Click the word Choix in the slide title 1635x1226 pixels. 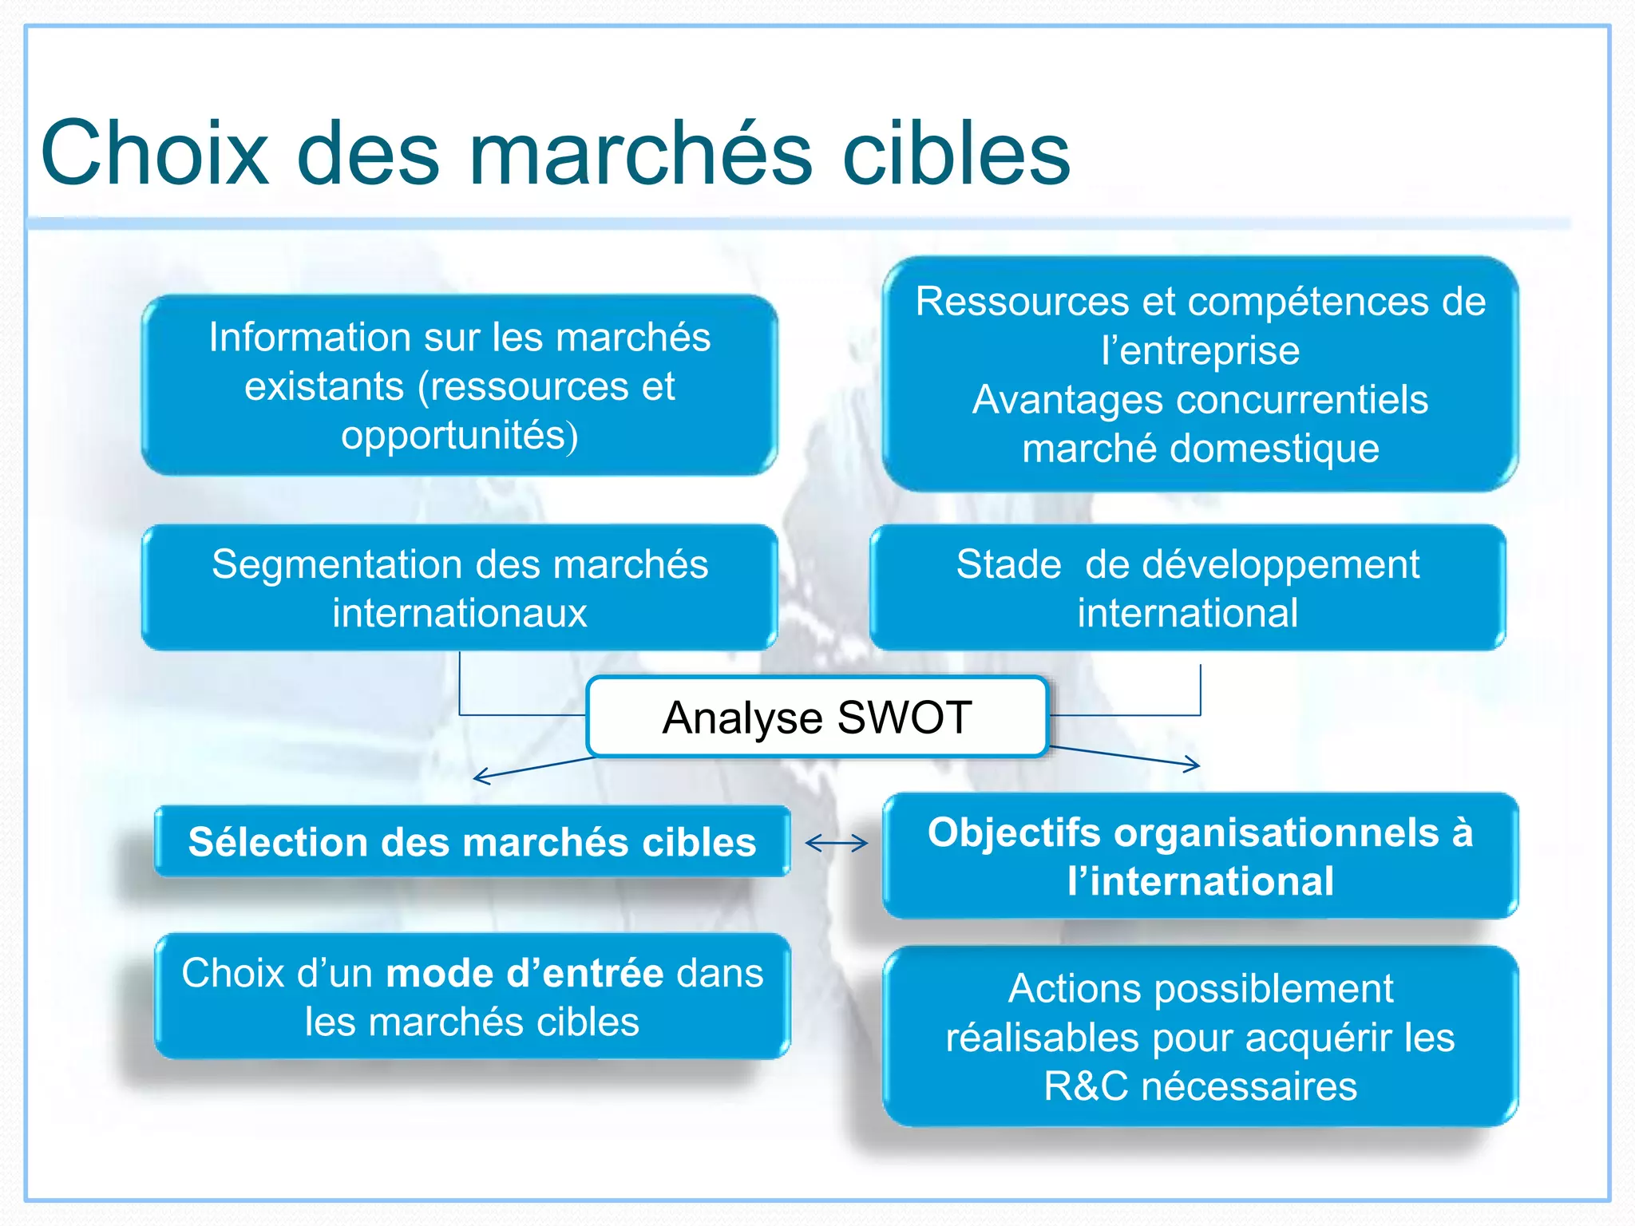point(155,153)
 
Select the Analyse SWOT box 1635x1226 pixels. point(816,717)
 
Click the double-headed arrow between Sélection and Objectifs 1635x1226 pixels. point(836,843)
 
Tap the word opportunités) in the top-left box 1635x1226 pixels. point(460,436)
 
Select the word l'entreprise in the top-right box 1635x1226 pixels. point(1200,350)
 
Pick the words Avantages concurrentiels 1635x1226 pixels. point(1200,399)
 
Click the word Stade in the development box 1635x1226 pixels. point(1008,564)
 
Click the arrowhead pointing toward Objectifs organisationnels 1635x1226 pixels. point(1194,765)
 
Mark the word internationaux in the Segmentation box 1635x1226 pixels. point(460,613)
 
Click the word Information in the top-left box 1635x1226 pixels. point(308,337)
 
